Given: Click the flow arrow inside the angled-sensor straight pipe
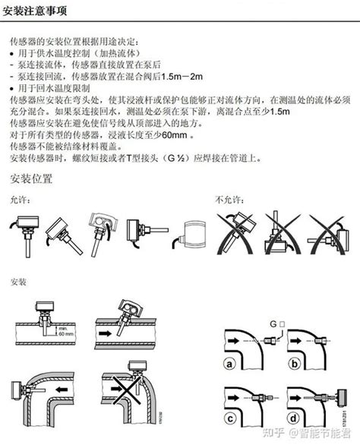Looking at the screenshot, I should click(x=106, y=332).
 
